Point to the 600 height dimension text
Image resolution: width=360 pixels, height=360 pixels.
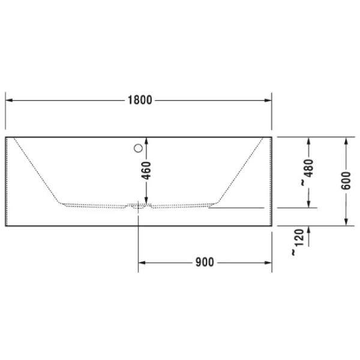pyautogui.click(x=346, y=181)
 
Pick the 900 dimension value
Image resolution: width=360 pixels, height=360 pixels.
pyautogui.click(x=206, y=263)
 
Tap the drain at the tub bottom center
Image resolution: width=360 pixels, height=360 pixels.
pyautogui.click(x=139, y=206)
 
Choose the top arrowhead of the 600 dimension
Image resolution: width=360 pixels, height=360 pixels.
pyautogui.click(x=346, y=142)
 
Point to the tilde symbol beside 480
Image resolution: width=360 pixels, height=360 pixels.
pyautogui.click(x=303, y=182)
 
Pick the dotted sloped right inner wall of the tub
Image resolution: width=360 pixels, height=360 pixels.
pyautogui.click(x=241, y=172)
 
